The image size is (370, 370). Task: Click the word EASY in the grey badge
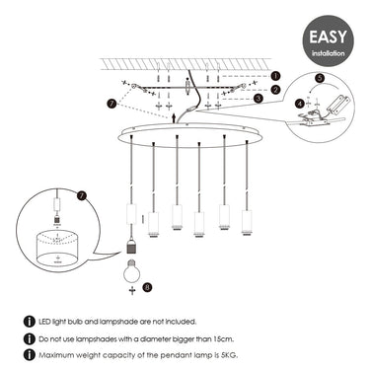(x=328, y=37)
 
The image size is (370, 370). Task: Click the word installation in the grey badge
(x=329, y=53)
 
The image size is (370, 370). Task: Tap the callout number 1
(x=275, y=76)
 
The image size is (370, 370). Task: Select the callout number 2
(x=275, y=90)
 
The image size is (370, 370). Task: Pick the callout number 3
(x=259, y=99)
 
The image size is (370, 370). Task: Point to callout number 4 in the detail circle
(x=300, y=104)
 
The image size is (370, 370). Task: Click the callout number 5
(x=320, y=78)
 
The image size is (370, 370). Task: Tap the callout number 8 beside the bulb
(x=147, y=287)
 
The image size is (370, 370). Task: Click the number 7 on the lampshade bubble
(x=81, y=195)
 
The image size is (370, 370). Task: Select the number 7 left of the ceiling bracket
(x=111, y=104)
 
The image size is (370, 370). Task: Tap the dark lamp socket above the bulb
(x=131, y=248)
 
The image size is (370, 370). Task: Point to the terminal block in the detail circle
(x=336, y=106)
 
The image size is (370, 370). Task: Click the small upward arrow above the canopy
(x=174, y=117)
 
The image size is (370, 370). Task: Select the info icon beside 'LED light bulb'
(x=30, y=322)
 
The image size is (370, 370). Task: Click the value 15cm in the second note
(x=223, y=338)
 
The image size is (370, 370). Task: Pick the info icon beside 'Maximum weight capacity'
(x=30, y=354)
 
